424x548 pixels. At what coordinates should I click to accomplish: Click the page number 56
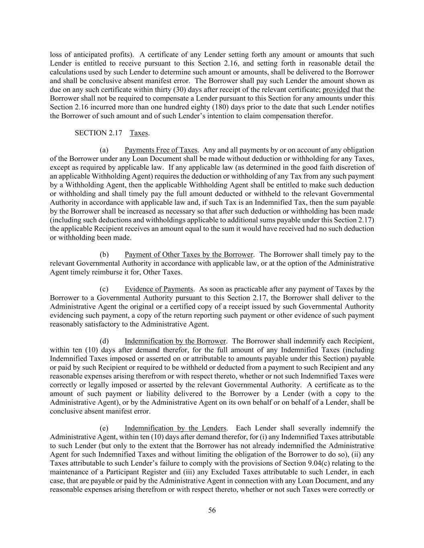coord(212,510)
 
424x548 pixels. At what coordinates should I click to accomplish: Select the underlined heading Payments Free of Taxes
coord(161,150)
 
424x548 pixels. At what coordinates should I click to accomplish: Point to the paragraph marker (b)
coord(104,255)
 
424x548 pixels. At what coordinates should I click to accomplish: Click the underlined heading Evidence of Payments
coord(159,289)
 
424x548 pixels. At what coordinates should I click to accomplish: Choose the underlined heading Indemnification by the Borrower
coord(175,341)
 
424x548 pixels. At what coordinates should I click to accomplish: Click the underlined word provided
coord(336,90)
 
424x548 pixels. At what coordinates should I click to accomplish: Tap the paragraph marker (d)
coord(104,341)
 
